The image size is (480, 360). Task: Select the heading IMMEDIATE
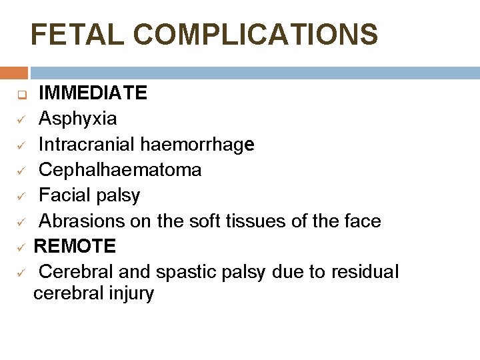pos(93,93)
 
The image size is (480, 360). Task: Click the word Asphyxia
pos(77,119)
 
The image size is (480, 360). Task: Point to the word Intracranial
pos(88,144)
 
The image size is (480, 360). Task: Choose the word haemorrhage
pos(198,145)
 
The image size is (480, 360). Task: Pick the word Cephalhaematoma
pos(120,169)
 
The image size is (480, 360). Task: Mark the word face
pos(360,221)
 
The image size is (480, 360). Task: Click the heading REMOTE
pos(75,246)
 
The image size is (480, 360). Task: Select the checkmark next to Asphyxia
pos(21,119)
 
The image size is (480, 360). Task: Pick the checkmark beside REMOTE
pos(21,247)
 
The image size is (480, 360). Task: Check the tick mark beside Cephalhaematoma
pos(21,170)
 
